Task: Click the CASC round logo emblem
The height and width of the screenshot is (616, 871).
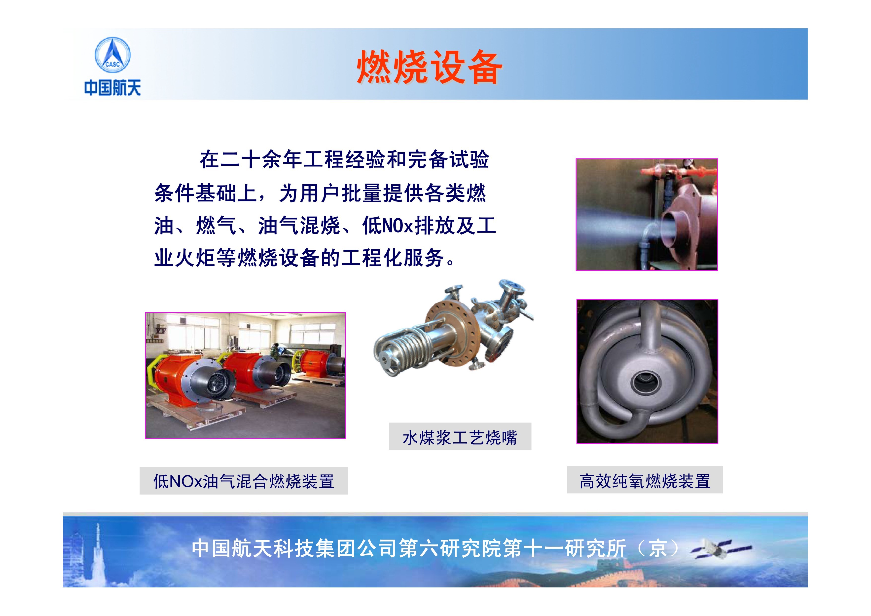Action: (112, 55)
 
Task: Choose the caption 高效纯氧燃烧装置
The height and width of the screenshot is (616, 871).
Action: (645, 481)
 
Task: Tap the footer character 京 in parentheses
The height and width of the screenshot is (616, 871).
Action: (658, 548)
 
